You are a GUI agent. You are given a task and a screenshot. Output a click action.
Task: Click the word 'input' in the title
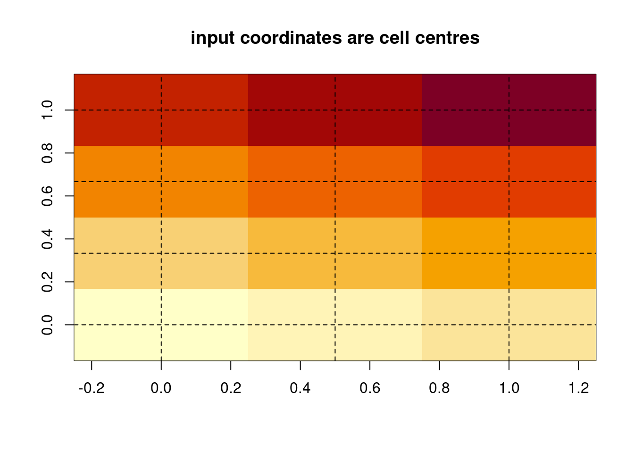(x=213, y=38)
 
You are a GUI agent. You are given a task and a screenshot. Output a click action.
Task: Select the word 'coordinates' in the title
(x=291, y=38)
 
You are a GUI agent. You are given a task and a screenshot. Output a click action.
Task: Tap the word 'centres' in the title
(x=447, y=38)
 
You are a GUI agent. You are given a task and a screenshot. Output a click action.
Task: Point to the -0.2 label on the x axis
(x=92, y=388)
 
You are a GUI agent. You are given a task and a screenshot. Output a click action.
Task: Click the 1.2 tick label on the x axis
(x=578, y=388)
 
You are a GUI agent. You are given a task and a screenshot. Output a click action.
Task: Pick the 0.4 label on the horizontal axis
(x=300, y=388)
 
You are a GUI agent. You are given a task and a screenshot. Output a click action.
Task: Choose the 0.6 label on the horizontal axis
(x=370, y=388)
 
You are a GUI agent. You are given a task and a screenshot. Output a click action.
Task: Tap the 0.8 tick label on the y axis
(x=47, y=153)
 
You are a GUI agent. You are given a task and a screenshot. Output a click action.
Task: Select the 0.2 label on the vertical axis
(x=47, y=282)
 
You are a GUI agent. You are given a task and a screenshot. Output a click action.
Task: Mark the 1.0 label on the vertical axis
(x=47, y=110)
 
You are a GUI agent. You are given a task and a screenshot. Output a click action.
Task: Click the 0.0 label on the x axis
(x=161, y=388)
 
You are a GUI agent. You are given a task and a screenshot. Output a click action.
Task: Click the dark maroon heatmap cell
(x=509, y=110)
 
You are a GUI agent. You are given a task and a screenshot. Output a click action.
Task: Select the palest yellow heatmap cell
(x=161, y=325)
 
